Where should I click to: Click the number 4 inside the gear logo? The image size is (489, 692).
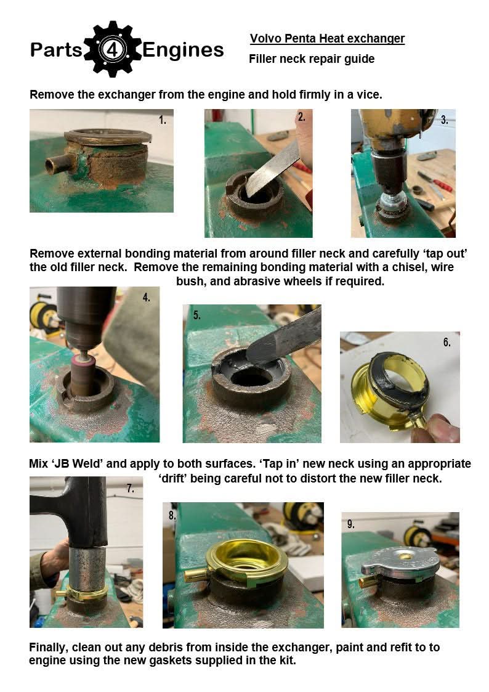(113, 50)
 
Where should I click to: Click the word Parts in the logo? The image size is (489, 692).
(56, 50)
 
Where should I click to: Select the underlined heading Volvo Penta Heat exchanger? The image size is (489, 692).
(327, 39)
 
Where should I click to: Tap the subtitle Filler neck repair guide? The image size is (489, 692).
(312, 59)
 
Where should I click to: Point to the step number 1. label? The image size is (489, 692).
(163, 120)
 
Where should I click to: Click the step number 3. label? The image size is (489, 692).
(445, 120)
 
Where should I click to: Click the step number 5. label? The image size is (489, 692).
(196, 315)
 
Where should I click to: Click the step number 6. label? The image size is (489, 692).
(447, 343)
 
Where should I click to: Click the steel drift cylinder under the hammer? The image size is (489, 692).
(87, 569)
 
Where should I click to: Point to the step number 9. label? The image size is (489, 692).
(350, 524)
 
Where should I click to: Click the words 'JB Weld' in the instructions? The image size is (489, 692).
(78, 464)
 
